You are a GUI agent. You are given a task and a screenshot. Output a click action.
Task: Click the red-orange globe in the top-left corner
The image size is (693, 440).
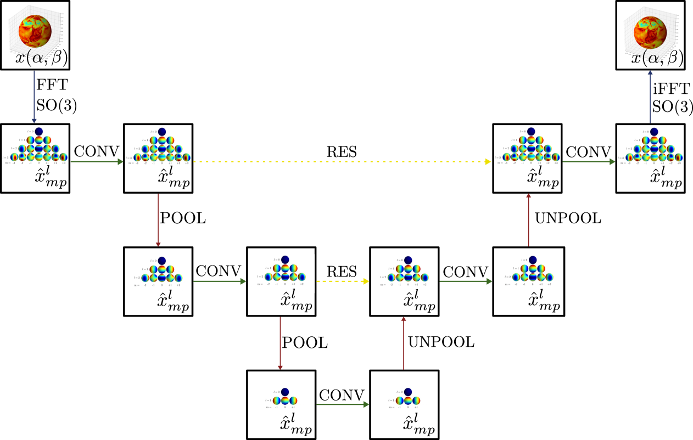point(35,31)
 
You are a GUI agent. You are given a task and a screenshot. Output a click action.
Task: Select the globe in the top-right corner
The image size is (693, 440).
point(650,32)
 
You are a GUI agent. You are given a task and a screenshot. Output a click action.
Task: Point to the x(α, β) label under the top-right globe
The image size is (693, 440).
point(655,58)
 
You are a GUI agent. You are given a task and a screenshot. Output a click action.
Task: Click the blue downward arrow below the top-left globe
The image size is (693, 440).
point(34,96)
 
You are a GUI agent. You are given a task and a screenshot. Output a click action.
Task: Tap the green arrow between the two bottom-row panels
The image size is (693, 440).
point(343,404)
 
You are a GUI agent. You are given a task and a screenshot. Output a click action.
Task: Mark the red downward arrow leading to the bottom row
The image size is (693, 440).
point(280,343)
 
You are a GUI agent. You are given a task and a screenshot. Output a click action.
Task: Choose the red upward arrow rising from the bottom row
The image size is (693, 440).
point(404,343)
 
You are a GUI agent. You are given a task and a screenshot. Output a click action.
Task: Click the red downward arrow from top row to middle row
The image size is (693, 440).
point(158,219)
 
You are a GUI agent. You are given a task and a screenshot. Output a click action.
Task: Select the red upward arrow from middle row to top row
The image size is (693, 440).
point(528,219)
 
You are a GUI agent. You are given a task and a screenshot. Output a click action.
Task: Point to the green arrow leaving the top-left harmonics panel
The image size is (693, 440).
point(97,161)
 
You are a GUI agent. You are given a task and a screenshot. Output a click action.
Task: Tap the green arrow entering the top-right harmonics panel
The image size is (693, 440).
point(589,161)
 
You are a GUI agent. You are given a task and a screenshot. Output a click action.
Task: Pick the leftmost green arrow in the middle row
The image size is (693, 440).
point(220,281)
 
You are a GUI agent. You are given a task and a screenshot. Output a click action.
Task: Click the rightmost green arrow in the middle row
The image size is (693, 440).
point(466,281)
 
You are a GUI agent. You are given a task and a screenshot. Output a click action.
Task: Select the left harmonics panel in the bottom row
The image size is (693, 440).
point(281,405)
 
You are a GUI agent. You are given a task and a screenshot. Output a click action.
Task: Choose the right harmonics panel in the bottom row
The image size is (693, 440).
point(404,405)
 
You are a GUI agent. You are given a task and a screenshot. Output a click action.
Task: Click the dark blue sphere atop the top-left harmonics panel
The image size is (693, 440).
point(39,132)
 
